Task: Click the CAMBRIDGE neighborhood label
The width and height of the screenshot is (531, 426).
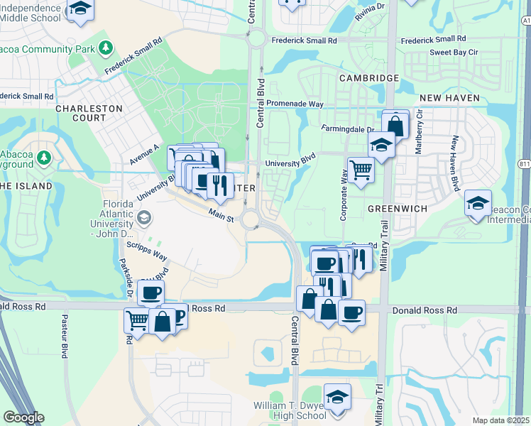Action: coord(368,77)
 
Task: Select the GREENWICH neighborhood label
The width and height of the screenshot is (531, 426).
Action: coord(395,209)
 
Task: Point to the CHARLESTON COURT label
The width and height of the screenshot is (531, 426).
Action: coord(89,114)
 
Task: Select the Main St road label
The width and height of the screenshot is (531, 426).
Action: coord(221,214)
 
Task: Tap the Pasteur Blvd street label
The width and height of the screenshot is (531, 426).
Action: coord(64,335)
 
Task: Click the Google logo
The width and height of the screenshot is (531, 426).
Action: coord(23,417)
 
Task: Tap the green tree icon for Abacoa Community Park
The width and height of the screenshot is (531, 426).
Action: coord(106,48)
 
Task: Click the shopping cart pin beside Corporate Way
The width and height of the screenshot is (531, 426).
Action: coord(361,170)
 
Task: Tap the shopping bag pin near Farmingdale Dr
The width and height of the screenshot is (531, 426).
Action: coord(395,126)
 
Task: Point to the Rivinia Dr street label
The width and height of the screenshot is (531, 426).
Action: coord(369,15)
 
